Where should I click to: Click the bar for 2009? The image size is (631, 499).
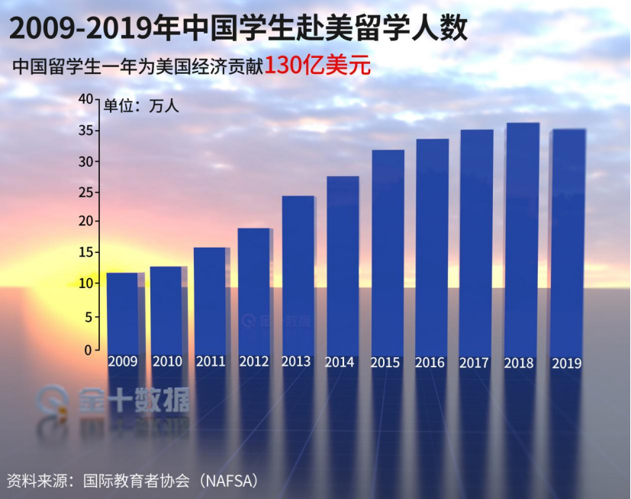pyautogui.click(x=122, y=312)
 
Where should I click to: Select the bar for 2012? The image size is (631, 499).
pyautogui.click(x=254, y=289)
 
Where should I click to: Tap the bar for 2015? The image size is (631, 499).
pyautogui.click(x=387, y=251)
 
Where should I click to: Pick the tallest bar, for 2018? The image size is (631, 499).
pyautogui.click(x=521, y=236)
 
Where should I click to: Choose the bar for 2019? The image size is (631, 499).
pyautogui.click(x=566, y=240)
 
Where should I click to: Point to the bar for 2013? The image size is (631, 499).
pyautogui.click(x=298, y=274)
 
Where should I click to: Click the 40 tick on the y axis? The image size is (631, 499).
pyautogui.click(x=85, y=99)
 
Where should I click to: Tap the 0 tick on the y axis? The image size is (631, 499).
pyautogui.click(x=88, y=350)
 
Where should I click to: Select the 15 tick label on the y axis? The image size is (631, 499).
pyautogui.click(x=85, y=252)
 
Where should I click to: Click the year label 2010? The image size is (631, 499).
pyautogui.click(x=166, y=362)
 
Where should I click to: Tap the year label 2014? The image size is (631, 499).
pyautogui.click(x=340, y=363)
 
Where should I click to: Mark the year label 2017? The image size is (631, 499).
pyautogui.click(x=474, y=363)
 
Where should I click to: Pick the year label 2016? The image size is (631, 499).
pyautogui.click(x=430, y=363)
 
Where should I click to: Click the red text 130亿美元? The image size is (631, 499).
pyautogui.click(x=317, y=66)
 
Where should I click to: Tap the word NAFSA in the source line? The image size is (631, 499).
pyautogui.click(x=227, y=481)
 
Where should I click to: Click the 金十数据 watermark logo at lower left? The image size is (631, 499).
pyautogui.click(x=114, y=400)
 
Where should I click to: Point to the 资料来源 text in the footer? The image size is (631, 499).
pyautogui.click(x=34, y=481)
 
